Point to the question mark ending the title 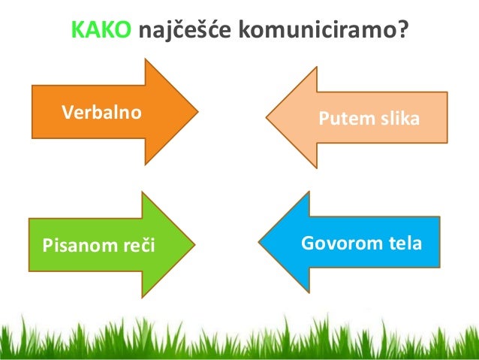coord(401,29)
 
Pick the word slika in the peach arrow coord(397,119)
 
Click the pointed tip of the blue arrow coord(260,242)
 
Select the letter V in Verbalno coord(66,113)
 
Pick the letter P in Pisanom coord(46,244)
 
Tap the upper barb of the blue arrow coord(309,195)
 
